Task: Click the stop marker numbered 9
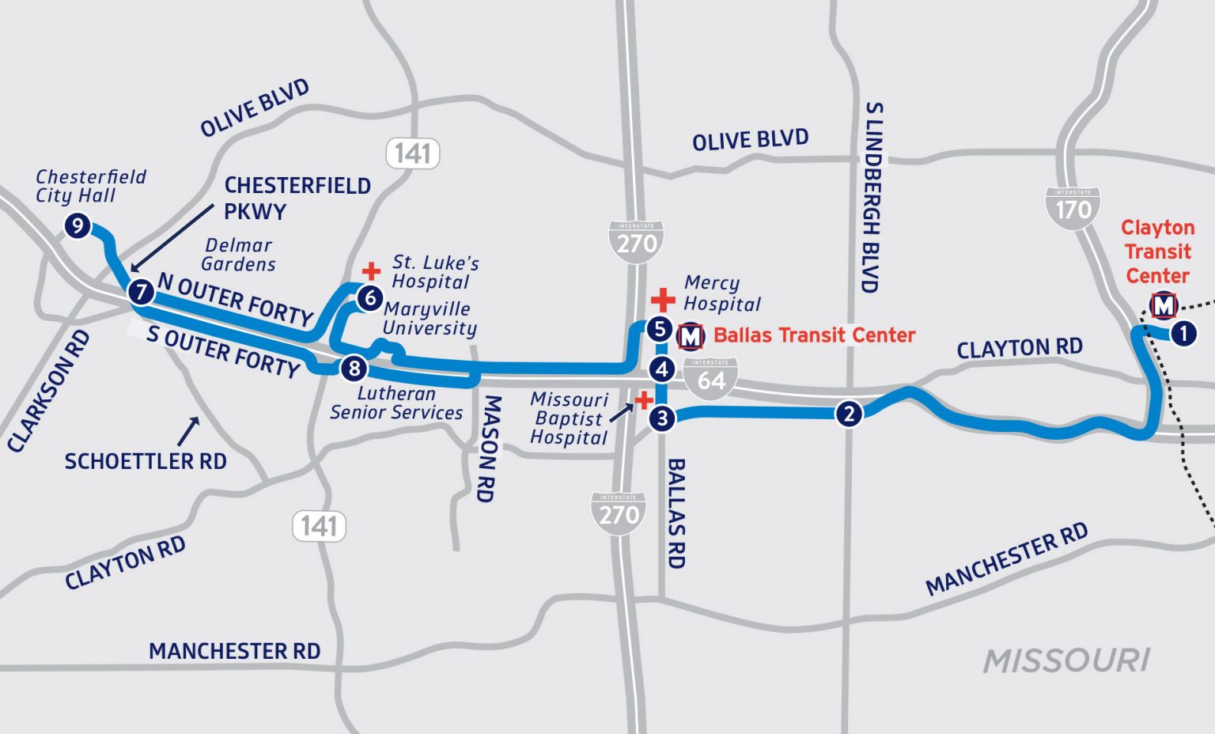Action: tap(77, 226)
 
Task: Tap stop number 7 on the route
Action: tap(142, 292)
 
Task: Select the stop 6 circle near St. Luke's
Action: tap(369, 298)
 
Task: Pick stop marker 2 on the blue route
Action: tap(849, 413)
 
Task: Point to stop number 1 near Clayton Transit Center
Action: tap(1183, 333)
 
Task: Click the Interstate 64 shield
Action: tap(711, 377)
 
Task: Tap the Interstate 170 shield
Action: tap(1073, 208)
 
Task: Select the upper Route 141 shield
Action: tap(413, 153)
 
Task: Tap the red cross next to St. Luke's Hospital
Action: tap(371, 272)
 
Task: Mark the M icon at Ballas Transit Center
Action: tap(691, 336)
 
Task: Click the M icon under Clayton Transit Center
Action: tap(1163, 305)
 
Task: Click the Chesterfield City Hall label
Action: tap(90, 186)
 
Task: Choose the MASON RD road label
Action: tap(489, 448)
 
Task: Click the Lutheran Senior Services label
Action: tap(396, 403)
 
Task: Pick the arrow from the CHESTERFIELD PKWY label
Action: tap(171, 237)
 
